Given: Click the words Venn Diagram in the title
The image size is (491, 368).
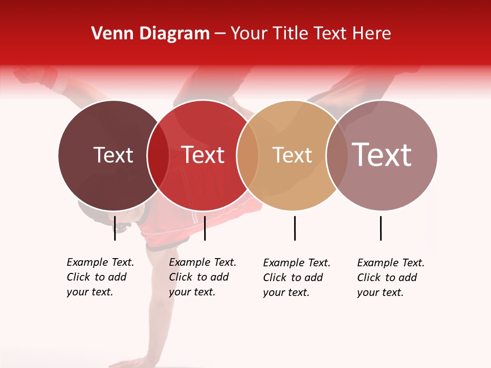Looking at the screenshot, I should coord(150,34).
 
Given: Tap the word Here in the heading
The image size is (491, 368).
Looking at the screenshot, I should coord(369,34).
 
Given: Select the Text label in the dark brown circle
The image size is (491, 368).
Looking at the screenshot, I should coord(113,155).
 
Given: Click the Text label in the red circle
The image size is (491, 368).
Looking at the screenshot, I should coord(203,155).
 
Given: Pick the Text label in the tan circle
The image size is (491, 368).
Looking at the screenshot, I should coord(292,155).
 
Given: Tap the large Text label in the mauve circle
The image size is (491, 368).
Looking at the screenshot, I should coord(382,155).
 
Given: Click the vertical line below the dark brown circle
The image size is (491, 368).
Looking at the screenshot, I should coord(115,228).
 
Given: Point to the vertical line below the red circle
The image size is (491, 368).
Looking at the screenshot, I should coord(205,228).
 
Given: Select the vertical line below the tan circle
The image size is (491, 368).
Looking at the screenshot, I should coord(295,228).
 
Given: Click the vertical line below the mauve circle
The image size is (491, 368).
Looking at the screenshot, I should coord(381,228).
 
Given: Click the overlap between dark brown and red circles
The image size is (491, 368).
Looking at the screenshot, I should coord(158,155).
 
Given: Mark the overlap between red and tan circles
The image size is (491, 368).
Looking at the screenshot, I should coord(248,155).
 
